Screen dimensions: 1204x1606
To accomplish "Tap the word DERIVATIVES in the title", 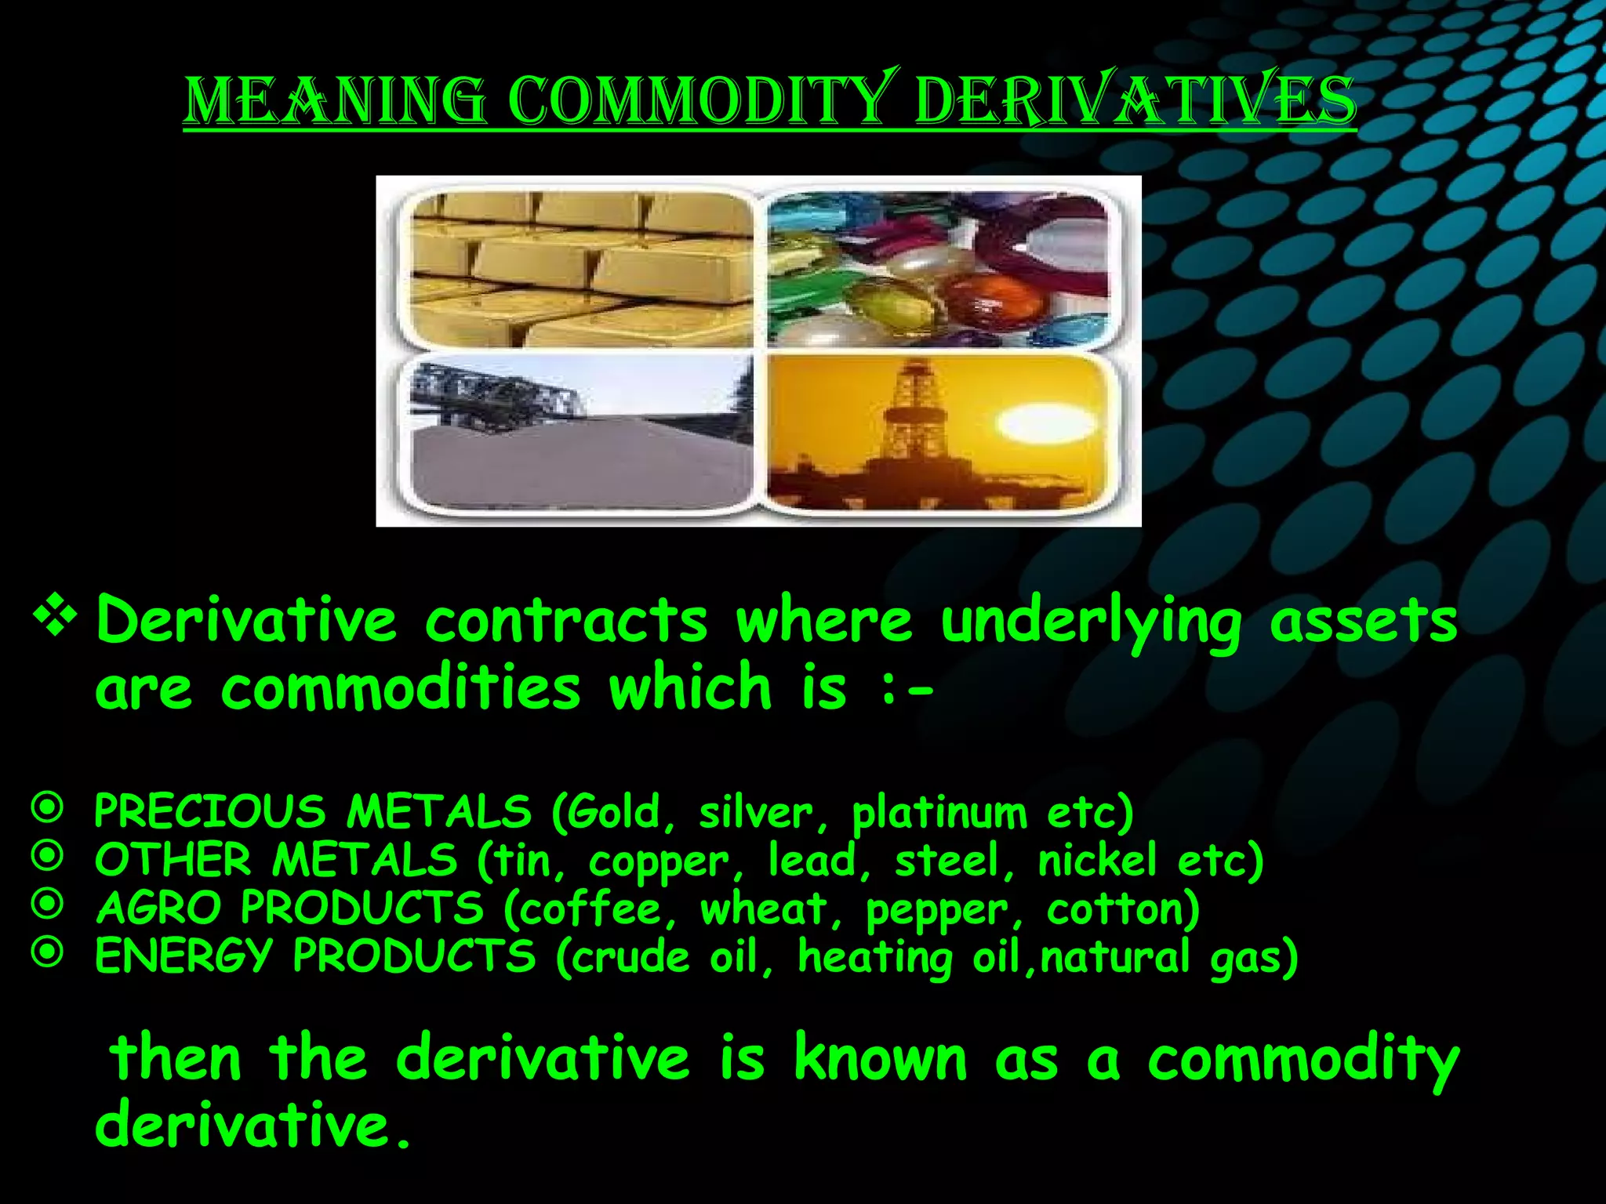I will click(x=1135, y=102).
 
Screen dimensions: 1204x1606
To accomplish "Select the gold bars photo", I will click(x=580, y=268).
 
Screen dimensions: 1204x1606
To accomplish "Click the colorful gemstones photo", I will click(x=938, y=268).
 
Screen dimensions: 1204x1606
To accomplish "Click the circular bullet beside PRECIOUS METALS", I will click(x=48, y=808).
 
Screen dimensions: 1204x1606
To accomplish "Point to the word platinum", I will click(x=939, y=814).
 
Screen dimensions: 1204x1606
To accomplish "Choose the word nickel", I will click(x=1097, y=860).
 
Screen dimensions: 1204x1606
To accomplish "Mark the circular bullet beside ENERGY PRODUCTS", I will click(x=48, y=953).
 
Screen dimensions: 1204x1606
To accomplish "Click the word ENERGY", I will click(x=183, y=957).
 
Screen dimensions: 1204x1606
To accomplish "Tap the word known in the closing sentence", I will click(x=880, y=1059).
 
